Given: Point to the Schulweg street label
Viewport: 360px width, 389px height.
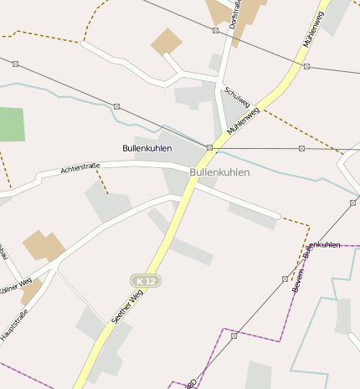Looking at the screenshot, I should (x=237, y=100).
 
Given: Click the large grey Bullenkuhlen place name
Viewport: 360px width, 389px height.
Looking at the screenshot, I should (x=220, y=172).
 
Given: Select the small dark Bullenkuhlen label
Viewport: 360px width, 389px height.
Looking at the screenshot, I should (x=147, y=148).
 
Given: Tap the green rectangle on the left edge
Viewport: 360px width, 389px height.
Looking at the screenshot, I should (x=11, y=124).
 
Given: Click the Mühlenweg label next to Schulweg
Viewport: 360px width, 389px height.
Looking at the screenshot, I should (x=244, y=120).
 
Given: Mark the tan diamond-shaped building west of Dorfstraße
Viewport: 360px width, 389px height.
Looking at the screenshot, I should (x=167, y=41).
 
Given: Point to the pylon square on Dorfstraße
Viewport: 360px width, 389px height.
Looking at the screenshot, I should (x=215, y=31).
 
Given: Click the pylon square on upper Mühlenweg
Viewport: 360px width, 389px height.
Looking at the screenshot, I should (x=307, y=66).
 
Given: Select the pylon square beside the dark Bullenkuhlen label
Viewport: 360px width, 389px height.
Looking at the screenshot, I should (x=209, y=148).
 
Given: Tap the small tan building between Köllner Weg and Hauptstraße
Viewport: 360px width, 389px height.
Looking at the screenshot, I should (x=31, y=292).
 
